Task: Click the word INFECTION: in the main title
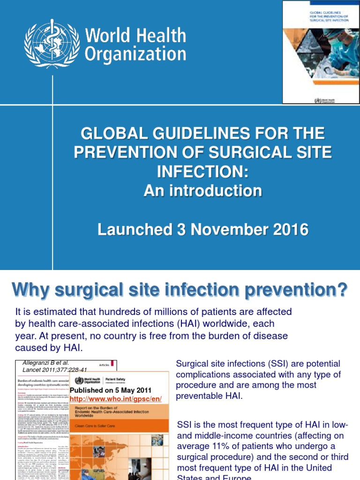pyautogui.click(x=202, y=171)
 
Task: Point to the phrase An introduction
pyautogui.click(x=202, y=190)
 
